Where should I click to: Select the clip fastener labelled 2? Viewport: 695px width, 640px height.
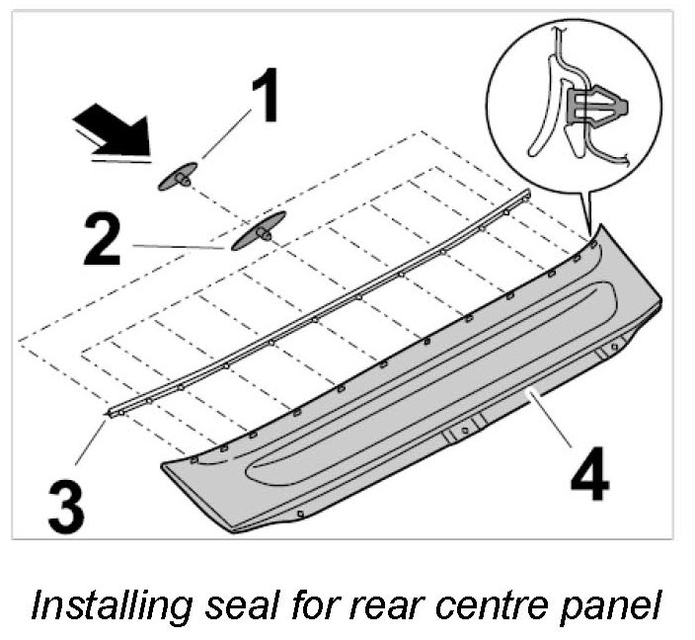pos(259,231)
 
